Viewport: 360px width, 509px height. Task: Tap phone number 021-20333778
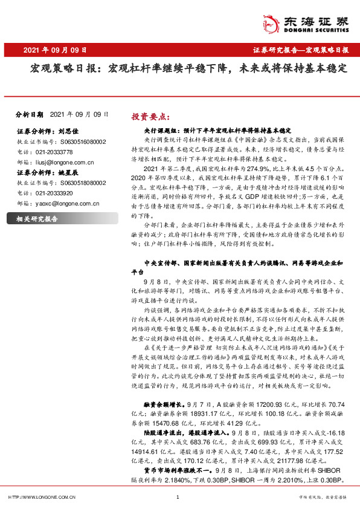[x=51, y=152]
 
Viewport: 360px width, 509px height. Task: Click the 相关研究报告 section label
[x=37, y=219]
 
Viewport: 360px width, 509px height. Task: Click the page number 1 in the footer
[x=178, y=497]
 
